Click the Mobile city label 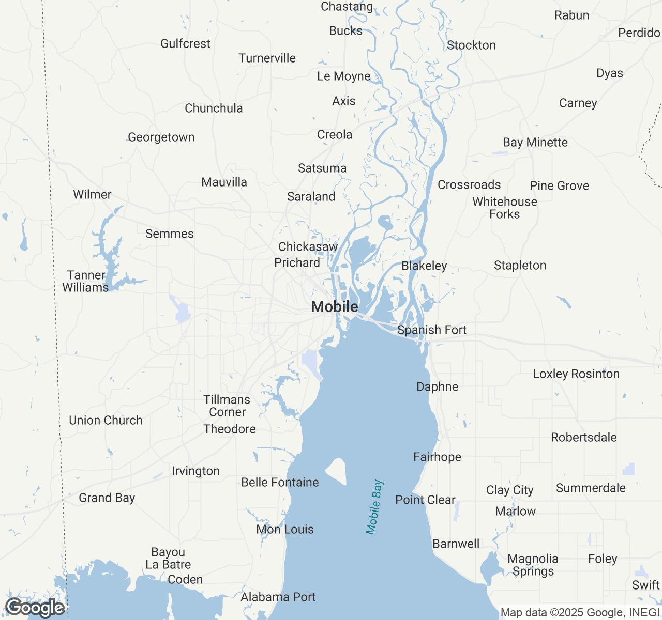pos(335,306)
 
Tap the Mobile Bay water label pos(374,507)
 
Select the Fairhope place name pos(437,457)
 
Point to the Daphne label pos(438,386)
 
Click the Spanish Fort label pos(432,330)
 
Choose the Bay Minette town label pos(535,142)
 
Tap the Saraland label pos(311,196)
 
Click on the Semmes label pos(170,234)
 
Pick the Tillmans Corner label pos(227,406)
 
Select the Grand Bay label pos(107,498)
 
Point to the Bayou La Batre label pos(168,558)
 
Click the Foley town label pos(603,559)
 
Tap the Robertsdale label pos(584,437)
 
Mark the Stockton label pos(471,45)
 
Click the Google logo pos(35,608)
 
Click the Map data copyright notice pos(580,613)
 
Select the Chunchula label pos(214,108)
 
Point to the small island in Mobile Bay pos(337,471)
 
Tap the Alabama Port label pos(278,597)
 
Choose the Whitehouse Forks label pos(505,208)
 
